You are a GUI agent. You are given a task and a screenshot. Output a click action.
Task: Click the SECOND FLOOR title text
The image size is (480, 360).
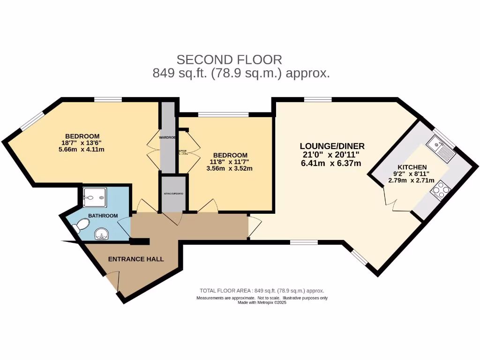coord(229,60)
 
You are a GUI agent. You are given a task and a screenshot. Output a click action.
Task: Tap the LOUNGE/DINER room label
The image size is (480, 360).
coord(332,146)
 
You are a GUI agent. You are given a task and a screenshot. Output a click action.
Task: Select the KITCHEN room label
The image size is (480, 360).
coord(412,167)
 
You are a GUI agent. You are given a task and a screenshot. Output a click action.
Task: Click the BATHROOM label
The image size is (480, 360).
coord(103,216)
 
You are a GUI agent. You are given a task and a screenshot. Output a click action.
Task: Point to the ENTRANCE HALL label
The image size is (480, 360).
coord(136,259)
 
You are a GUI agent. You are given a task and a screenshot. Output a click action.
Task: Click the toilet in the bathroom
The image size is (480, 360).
coord(80,225)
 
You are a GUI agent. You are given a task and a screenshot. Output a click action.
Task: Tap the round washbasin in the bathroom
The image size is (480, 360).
coord(102,233)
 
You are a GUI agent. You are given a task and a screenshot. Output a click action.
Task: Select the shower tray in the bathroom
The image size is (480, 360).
coord(94,197)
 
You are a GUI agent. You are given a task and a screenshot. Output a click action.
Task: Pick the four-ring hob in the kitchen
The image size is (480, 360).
coord(441,190)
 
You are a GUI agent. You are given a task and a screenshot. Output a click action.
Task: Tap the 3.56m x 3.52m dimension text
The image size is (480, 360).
coord(230,169)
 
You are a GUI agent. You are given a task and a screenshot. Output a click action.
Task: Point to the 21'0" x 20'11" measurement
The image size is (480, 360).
coord(332,155)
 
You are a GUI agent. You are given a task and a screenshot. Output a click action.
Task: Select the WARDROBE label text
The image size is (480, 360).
coord(167,138)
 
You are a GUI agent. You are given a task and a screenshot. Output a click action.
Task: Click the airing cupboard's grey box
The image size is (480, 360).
coord(173,193)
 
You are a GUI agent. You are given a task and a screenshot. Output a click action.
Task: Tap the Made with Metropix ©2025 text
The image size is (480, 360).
coord(262,303)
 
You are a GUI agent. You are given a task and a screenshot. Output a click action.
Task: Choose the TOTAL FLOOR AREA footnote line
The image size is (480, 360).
coord(262,291)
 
